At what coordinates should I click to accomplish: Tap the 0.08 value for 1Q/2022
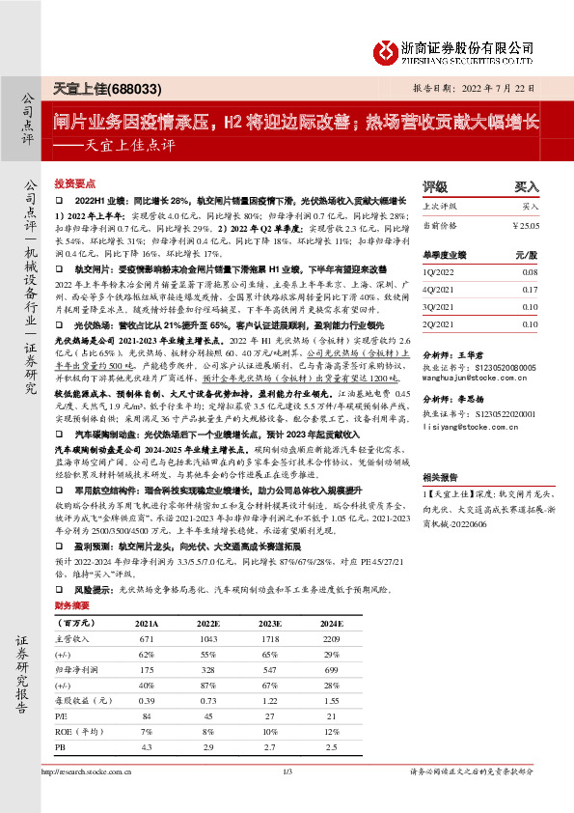pos(531,273)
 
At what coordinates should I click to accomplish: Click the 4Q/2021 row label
pos(438,289)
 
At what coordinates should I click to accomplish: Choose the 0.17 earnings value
pos(531,289)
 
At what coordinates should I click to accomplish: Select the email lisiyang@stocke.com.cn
pos(470,425)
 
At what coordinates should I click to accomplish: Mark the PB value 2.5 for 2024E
pos(333,747)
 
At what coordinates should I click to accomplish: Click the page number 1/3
pos(287,771)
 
